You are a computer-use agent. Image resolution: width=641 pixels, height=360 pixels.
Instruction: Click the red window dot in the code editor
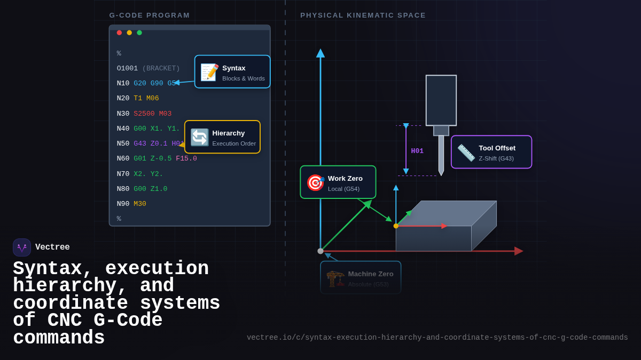coord(119,33)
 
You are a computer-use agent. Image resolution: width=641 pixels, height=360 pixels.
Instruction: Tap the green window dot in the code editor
coord(139,33)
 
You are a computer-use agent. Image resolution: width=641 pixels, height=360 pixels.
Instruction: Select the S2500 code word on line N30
coord(144,114)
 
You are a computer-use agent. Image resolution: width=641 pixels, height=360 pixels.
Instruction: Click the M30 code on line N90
coord(140,204)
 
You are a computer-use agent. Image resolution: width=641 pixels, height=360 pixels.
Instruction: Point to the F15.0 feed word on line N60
coord(186,158)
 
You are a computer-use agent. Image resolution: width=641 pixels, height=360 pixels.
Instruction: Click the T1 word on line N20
coord(138,98)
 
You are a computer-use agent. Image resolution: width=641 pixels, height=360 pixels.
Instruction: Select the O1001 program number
coord(127,68)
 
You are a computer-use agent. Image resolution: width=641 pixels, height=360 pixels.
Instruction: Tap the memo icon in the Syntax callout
coord(209,72)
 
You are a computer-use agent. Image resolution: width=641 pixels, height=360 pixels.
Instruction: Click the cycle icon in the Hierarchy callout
coord(200,137)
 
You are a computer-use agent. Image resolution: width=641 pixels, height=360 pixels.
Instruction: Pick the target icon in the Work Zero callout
coord(315,182)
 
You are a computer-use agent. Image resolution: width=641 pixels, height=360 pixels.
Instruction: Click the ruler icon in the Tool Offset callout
coord(466,153)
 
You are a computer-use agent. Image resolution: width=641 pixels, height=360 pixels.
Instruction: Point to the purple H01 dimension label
coord(417,151)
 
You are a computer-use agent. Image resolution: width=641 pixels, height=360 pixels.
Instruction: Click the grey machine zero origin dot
coord(320,251)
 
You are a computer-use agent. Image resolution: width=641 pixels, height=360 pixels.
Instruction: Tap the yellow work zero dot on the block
coord(396,226)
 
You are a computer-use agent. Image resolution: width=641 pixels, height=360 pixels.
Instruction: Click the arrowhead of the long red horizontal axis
coord(519,251)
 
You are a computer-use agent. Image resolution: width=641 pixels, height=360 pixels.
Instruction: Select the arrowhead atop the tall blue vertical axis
coord(320,53)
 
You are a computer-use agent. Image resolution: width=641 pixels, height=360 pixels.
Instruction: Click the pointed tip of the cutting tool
coord(441,174)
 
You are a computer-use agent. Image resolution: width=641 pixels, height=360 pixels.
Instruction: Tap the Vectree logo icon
coord(22,247)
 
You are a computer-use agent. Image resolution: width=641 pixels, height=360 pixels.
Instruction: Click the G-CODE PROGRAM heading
coord(150,15)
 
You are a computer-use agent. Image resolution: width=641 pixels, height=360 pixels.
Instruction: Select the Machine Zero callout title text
coord(371,274)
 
